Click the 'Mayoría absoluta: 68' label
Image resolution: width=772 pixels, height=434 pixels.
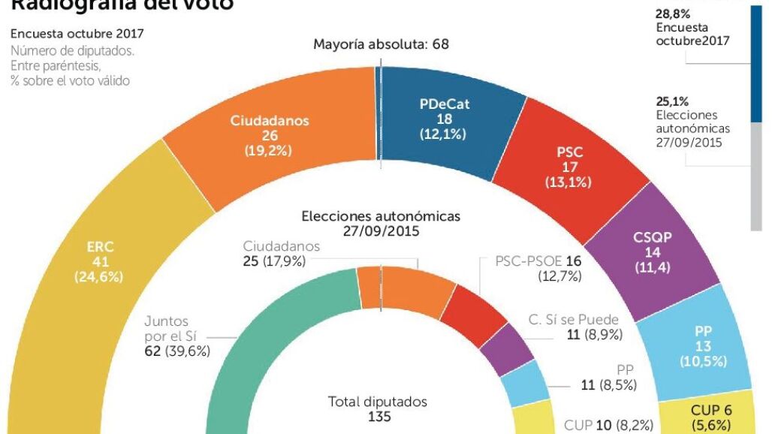point(381,44)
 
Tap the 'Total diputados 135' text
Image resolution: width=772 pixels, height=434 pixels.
point(377,408)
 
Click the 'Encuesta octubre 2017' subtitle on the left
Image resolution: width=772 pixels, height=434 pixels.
point(77,34)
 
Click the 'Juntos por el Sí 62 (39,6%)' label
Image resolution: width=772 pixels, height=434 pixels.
point(176,336)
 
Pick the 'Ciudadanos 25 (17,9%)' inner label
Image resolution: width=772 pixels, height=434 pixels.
point(282,254)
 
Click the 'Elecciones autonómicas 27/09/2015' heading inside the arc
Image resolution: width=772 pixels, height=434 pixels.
point(381,223)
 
